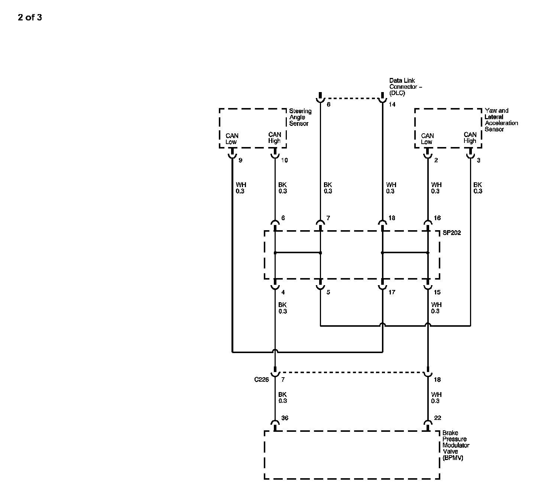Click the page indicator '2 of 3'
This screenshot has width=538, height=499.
30,17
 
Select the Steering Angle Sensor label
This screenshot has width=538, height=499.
300,117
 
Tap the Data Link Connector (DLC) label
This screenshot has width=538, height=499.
405,87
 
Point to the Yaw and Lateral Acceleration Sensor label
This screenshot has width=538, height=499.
501,120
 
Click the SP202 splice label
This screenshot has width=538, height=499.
451,233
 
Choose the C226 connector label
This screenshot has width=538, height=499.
261,380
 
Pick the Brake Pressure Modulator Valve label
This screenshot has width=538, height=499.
456,445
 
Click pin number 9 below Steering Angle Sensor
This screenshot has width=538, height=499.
240,160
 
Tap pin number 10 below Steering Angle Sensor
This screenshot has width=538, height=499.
284,160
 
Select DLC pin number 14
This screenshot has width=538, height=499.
392,104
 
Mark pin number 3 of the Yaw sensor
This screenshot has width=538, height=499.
479,160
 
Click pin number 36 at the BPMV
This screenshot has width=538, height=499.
285,418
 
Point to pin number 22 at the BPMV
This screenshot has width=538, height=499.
437,418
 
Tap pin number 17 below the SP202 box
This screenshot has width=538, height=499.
392,292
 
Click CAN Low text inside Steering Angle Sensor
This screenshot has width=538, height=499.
232,139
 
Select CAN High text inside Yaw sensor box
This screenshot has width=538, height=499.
470,138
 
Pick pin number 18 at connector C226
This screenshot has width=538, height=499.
437,380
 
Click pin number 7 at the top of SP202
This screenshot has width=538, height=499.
328,218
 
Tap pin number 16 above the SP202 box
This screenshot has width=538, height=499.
437,218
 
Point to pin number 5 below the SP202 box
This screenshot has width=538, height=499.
328,292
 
